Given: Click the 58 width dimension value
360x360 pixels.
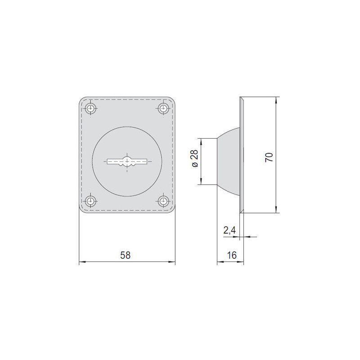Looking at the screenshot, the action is click(125, 255).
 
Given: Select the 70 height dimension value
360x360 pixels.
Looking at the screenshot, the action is click(269, 157).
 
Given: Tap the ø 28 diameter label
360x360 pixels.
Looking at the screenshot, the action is click(194, 158).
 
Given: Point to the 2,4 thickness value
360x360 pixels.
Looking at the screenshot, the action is click(229, 230).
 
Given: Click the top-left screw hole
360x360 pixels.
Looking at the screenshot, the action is click(91, 108).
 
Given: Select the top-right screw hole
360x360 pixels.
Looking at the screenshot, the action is click(163, 108).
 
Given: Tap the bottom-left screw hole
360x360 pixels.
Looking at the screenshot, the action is click(91, 201).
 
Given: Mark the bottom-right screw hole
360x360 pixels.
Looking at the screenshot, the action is click(163, 201).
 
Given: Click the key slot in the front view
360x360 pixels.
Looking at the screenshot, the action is click(127, 161).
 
